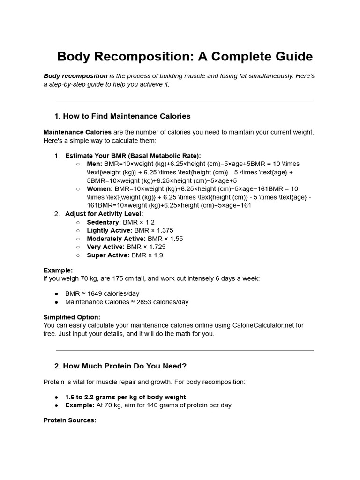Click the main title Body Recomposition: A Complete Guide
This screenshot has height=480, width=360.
click(x=185, y=57)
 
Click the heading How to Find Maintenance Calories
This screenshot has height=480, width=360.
click(x=122, y=116)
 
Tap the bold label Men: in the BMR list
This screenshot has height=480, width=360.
click(x=95, y=164)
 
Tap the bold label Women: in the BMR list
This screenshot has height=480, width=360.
click(x=100, y=189)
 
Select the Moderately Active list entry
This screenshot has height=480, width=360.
click(x=135, y=239)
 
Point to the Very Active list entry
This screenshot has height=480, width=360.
click(x=126, y=247)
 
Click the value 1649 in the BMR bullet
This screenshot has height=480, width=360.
click(x=94, y=294)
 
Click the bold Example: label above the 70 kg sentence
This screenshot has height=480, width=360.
click(x=58, y=270)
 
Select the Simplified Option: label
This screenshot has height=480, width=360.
click(x=72, y=317)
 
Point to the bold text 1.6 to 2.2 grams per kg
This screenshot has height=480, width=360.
click(x=125, y=397)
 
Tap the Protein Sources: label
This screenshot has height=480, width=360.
click(x=70, y=420)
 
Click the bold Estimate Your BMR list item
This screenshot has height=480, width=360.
click(x=133, y=156)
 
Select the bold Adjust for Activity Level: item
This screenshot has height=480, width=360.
click(x=104, y=214)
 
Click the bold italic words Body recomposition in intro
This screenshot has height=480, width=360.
click(x=75, y=76)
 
